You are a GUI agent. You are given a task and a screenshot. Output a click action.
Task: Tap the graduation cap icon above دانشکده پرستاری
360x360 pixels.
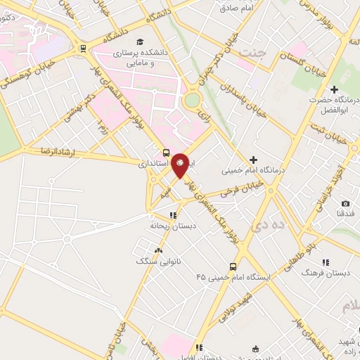(x=140, y=42)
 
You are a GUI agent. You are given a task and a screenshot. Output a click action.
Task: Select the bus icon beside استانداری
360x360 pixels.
(x=166, y=153)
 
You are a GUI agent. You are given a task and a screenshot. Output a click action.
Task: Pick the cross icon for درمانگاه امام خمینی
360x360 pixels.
(x=254, y=160)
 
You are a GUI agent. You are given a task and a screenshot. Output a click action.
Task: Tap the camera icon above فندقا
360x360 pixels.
(x=345, y=203)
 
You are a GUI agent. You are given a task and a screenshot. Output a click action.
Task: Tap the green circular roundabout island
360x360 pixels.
(x=191, y=101)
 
